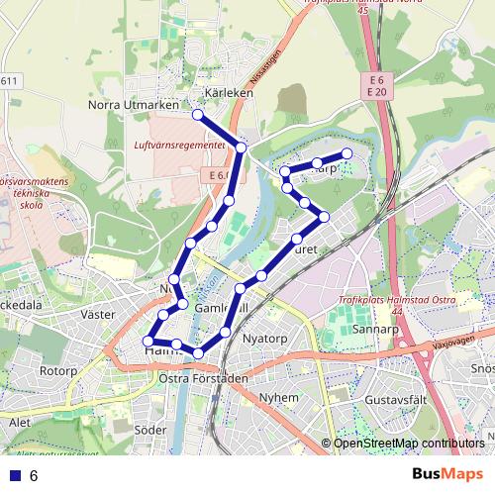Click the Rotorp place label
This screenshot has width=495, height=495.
click(x=57, y=371)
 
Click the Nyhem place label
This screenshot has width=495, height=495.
click(x=278, y=397)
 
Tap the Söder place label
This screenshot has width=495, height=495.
click(x=150, y=430)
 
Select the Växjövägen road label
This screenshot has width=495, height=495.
click(x=456, y=346)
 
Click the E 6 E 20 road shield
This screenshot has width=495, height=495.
click(x=374, y=85)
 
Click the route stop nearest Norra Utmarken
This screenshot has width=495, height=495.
click(x=198, y=115)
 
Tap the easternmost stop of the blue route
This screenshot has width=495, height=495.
click(x=347, y=153)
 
